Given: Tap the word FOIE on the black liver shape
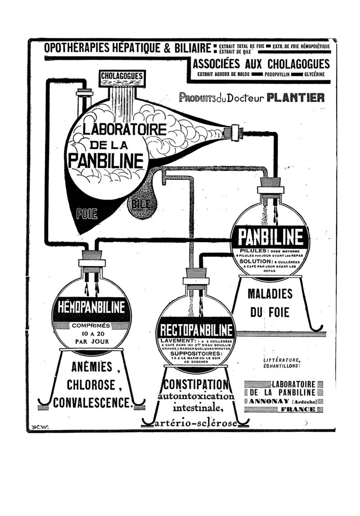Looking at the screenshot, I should point(87,213).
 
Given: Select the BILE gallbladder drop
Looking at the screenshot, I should point(141,205).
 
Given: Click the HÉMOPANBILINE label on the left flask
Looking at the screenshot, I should point(91,308).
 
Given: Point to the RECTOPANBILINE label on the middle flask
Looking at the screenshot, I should point(197,330).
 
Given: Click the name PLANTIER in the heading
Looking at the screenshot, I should point(296,98).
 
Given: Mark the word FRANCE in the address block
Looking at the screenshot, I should point(297,409).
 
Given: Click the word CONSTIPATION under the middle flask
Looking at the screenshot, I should point(196,385).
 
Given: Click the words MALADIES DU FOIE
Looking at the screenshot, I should point(270,303).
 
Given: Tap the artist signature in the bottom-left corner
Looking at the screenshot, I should point(40,426).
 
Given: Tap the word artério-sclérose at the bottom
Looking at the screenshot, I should point(196,424).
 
